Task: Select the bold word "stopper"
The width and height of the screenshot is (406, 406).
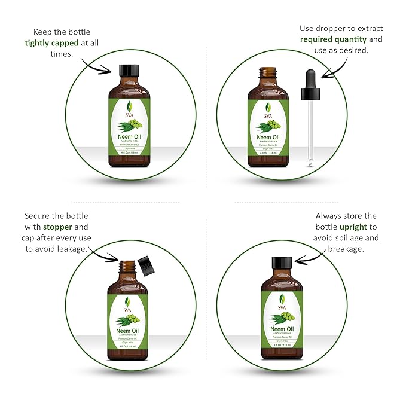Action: point(56,227)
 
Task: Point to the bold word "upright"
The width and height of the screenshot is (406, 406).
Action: point(358,227)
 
